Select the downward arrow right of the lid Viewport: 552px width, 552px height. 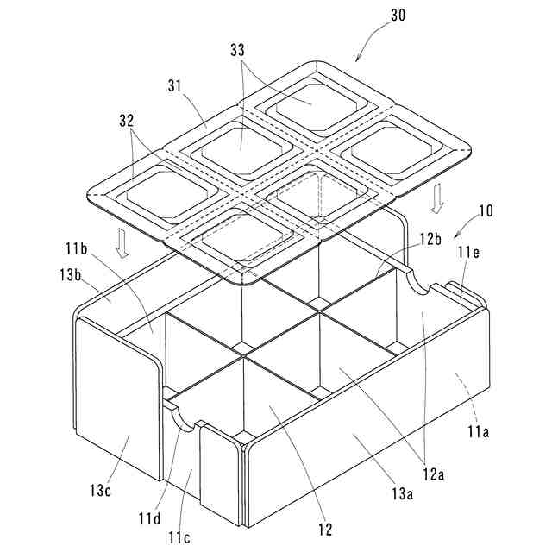437,198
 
